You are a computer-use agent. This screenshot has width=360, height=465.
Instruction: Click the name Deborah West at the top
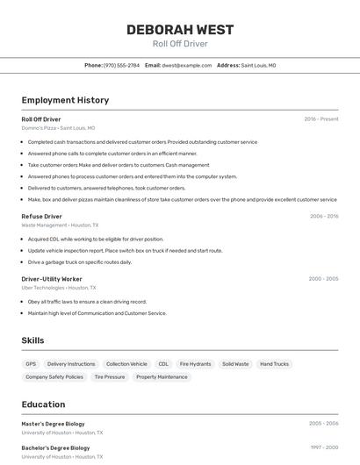click(180, 30)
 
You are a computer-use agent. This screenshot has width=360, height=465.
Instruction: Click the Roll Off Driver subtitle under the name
click(180, 43)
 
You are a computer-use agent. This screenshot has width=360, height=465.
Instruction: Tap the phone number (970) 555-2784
click(121, 65)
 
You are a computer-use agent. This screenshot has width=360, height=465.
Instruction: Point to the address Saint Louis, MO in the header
click(258, 65)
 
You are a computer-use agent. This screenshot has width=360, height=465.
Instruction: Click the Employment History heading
click(65, 100)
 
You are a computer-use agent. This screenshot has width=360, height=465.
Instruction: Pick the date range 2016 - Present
click(321, 119)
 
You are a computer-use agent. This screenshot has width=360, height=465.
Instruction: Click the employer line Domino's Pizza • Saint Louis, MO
click(58, 128)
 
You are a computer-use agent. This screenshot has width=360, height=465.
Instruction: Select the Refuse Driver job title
click(41, 216)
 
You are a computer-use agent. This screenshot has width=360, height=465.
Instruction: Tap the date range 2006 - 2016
click(324, 216)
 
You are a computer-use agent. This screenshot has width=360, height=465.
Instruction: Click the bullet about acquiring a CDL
click(96, 239)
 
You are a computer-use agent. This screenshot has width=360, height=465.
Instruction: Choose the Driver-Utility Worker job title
click(52, 279)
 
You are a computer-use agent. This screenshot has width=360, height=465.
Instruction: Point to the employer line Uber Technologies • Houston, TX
click(59, 288)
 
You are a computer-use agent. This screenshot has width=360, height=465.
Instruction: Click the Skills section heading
click(33, 340)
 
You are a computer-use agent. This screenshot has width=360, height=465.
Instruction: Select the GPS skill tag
click(31, 364)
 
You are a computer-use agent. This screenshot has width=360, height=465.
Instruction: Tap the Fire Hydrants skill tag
click(195, 364)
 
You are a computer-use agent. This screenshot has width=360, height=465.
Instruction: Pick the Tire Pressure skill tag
click(109, 377)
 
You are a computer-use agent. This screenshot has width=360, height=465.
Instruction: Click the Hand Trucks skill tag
click(274, 364)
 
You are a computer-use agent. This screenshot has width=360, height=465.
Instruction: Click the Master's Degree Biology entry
click(53, 424)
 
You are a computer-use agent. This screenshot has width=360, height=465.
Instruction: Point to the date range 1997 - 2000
click(324, 447)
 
